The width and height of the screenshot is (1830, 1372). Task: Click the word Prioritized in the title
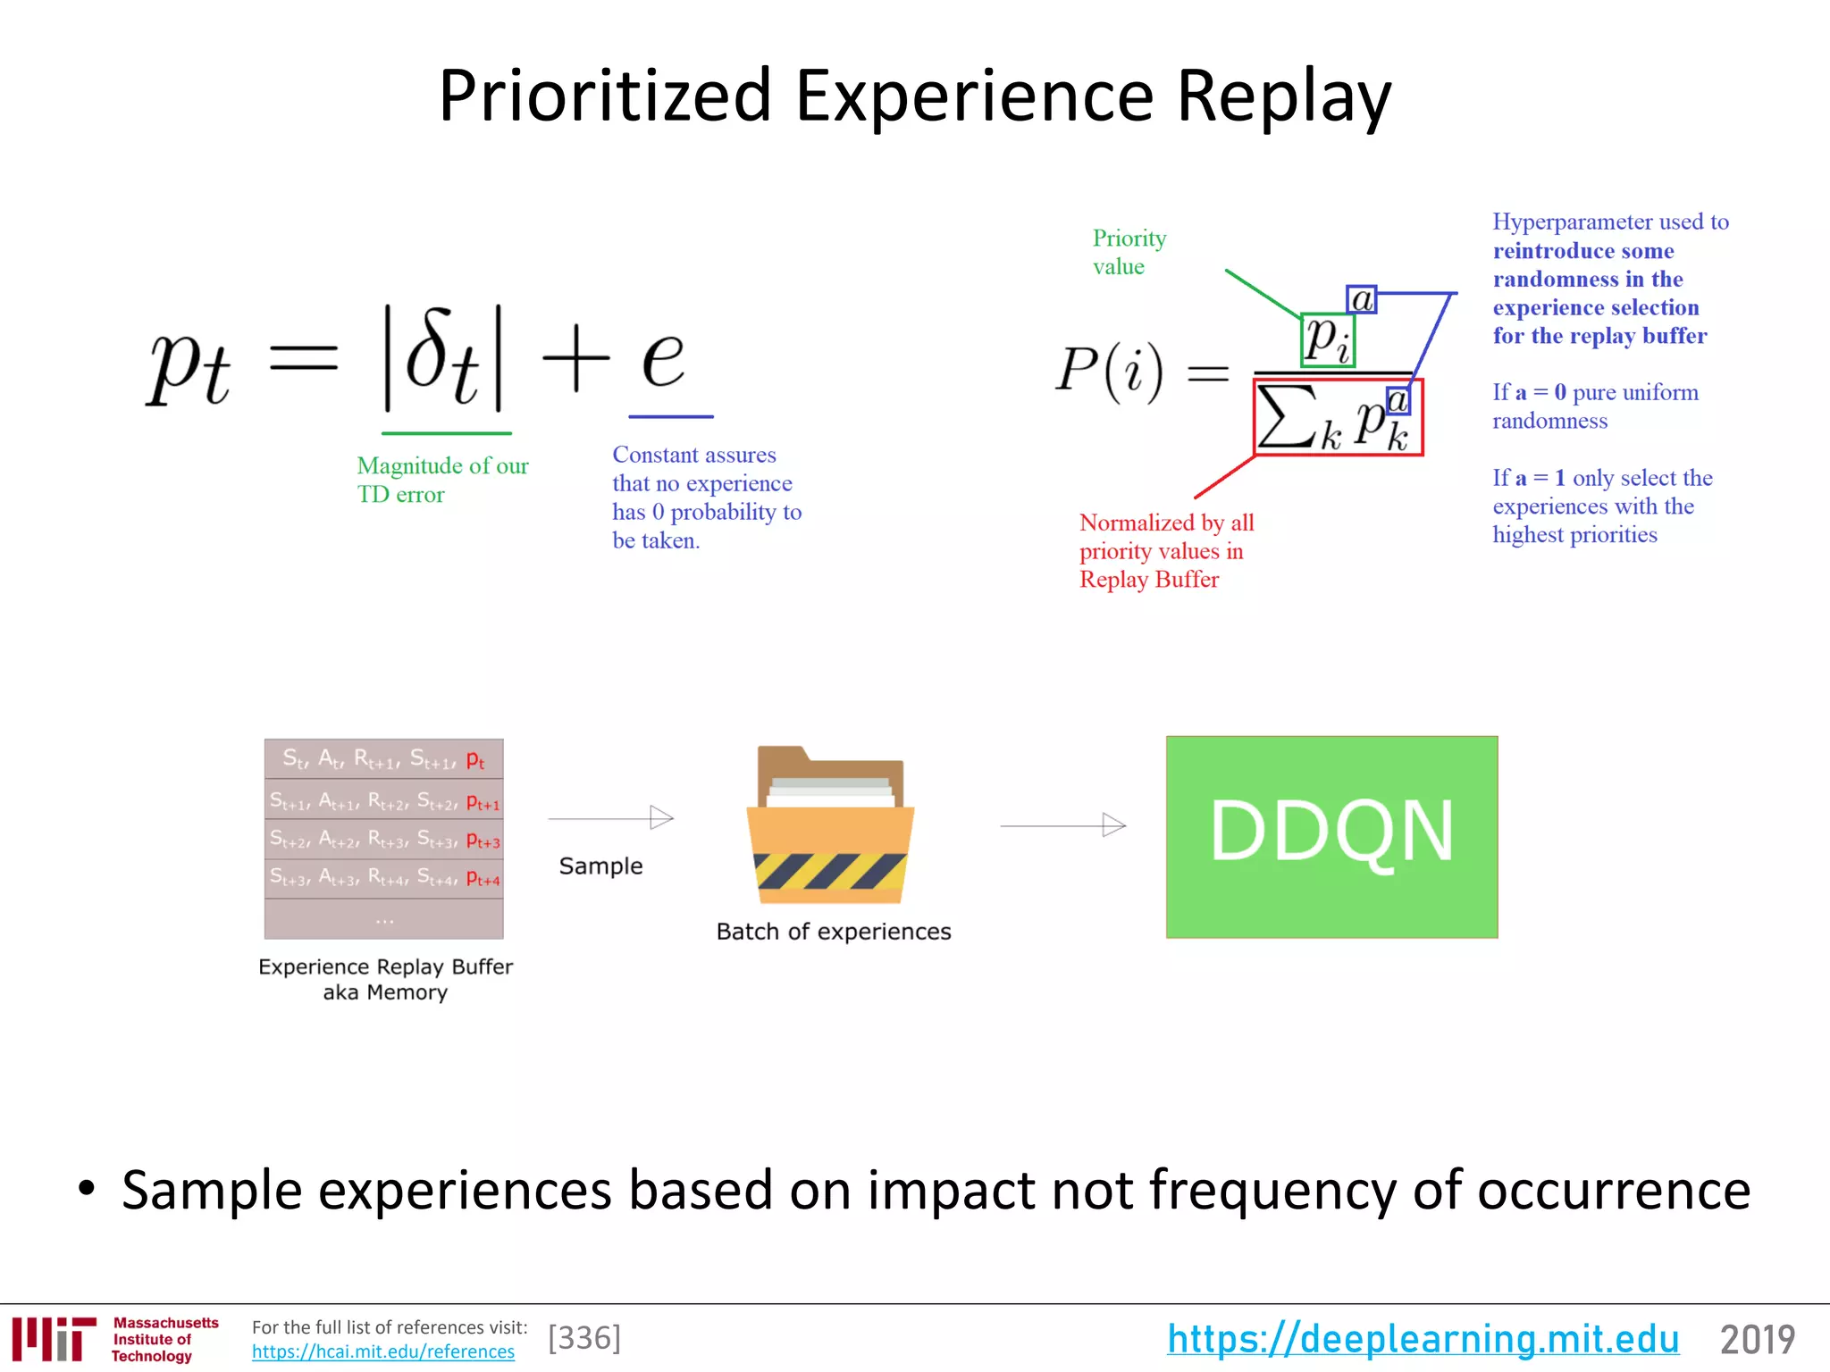(604, 96)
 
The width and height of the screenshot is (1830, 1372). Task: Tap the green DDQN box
(1331, 836)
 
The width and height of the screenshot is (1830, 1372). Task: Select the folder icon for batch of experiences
(830, 826)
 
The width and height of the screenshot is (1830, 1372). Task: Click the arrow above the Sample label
(611, 817)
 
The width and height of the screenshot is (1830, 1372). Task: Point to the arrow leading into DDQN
(1062, 825)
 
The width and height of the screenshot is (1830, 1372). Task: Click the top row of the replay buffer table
(383, 759)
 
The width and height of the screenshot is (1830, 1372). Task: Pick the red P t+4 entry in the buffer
(483, 880)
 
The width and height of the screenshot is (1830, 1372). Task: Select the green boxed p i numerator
(1328, 339)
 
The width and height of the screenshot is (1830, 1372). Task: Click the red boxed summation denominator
(1338, 417)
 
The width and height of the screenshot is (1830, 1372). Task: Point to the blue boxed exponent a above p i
(1361, 299)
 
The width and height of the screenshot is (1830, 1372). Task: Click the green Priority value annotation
(1128, 252)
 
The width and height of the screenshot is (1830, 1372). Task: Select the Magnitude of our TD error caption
(441, 480)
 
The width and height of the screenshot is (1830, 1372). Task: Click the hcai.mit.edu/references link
(382, 1351)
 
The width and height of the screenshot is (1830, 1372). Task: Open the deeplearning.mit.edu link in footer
(1423, 1339)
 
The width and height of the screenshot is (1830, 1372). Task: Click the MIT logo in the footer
(54, 1339)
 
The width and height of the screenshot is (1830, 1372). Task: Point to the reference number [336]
(584, 1338)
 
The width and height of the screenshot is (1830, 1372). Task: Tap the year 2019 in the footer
(1757, 1339)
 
